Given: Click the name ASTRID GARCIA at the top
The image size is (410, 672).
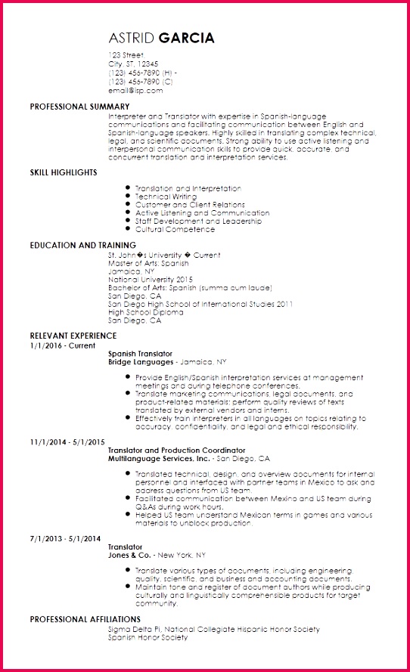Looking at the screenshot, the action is pyautogui.click(x=161, y=39).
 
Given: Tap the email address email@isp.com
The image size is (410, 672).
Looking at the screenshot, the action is pyautogui.click(x=135, y=90).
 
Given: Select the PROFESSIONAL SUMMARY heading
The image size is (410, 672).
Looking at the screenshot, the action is pyautogui.click(x=79, y=107).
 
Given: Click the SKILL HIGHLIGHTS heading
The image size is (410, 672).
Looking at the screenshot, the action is pyautogui.click(x=64, y=172).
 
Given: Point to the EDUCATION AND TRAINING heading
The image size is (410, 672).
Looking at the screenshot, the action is pyautogui.click(x=83, y=246).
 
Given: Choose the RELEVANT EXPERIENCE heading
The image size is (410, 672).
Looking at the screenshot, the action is pyautogui.click(x=73, y=336).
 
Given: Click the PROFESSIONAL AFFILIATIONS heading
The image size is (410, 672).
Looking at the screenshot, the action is pyautogui.click(x=85, y=619).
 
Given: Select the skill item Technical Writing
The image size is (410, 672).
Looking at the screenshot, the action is pyautogui.click(x=166, y=197).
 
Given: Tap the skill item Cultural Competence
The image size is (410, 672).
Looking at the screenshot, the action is pyautogui.click(x=175, y=230).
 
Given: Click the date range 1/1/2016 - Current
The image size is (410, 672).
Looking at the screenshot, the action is pyautogui.click(x=63, y=345).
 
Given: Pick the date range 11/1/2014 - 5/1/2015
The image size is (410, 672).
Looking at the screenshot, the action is pyautogui.click(x=67, y=441).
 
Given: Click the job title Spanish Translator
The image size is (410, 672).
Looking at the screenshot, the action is pyautogui.click(x=140, y=354).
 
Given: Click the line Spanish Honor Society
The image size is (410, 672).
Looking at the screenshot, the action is pyautogui.click(x=148, y=637).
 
